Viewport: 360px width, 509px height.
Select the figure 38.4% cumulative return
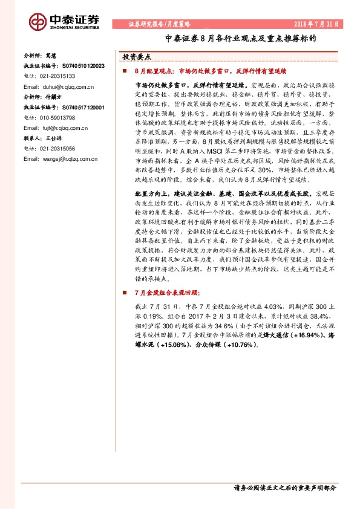pyautogui.click(x=326, y=316)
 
